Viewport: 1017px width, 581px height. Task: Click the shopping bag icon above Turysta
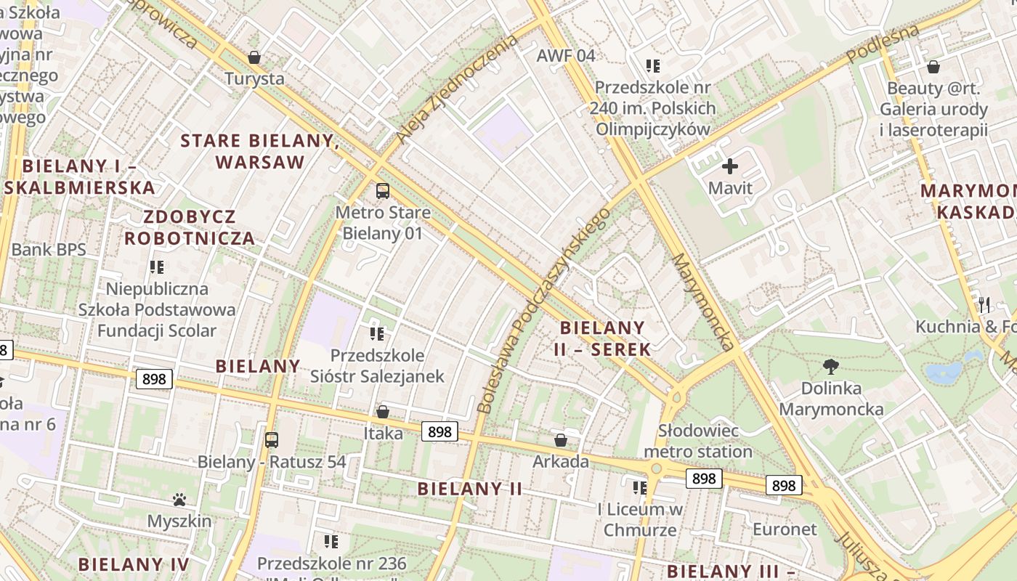coord(254,57)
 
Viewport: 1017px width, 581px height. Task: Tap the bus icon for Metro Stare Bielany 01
coord(382,191)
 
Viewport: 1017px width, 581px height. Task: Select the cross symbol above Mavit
coord(730,166)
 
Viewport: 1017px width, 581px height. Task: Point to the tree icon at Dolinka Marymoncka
coord(831,367)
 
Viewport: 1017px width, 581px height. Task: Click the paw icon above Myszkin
coord(179,500)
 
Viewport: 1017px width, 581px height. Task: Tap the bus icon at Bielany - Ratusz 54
coord(271,439)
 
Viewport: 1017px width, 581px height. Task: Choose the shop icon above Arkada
coord(561,440)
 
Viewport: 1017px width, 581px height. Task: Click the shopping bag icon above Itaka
coord(383,412)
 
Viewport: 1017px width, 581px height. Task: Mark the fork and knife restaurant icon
coord(984,304)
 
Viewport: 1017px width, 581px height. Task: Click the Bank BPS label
coord(49,250)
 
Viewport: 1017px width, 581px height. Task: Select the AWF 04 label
coord(566,56)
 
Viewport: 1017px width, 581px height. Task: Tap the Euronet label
coord(785,529)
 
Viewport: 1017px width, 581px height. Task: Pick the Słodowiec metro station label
coord(698,441)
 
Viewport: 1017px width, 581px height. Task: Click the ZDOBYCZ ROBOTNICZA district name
coord(190,227)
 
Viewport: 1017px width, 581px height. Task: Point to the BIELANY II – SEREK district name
coord(602,338)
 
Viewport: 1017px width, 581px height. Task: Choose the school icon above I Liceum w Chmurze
coord(639,487)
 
